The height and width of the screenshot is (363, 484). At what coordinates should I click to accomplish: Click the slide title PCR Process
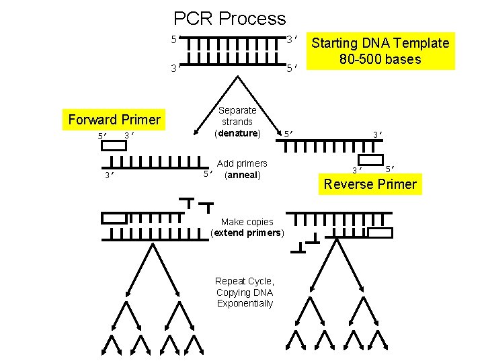tap(229, 18)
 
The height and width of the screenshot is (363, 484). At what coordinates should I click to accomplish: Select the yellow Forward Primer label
tap(114, 120)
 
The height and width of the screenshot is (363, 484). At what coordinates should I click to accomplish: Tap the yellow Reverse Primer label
tap(370, 184)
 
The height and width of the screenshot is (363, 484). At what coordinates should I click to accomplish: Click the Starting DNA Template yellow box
tap(380, 51)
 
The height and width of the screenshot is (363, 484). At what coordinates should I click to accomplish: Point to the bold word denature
tap(237, 133)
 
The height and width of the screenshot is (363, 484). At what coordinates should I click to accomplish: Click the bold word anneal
tap(242, 175)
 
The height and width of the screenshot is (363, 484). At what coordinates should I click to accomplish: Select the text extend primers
tap(247, 233)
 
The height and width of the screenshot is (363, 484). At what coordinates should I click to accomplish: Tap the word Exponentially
tap(245, 304)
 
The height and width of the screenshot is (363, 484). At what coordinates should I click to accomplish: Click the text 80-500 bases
tap(380, 59)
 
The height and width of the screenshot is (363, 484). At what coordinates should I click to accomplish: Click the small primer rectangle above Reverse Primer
tap(370, 159)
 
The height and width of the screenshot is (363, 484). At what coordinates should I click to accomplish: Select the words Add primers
tap(242, 163)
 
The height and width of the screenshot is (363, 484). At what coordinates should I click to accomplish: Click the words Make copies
tap(247, 222)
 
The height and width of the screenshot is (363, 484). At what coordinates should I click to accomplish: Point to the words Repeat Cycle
tap(244, 281)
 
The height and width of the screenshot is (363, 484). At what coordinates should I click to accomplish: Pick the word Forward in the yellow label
tap(93, 120)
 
